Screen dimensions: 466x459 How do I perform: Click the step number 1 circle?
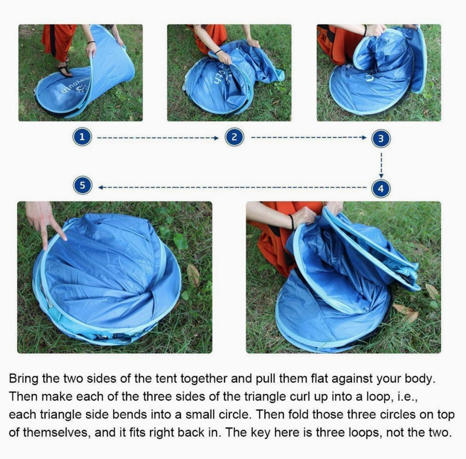point(82,137)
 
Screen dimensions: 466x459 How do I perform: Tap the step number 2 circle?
point(234,137)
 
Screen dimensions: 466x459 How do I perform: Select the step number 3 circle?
point(381,138)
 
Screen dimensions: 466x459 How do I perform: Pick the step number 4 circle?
point(381,188)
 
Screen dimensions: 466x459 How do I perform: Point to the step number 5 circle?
point(82,185)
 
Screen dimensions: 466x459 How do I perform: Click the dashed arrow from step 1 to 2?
point(158,138)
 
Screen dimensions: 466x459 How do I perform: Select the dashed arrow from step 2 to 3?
point(309,137)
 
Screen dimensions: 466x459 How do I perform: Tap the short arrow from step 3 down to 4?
point(381,165)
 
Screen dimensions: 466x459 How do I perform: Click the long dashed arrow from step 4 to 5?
point(232,187)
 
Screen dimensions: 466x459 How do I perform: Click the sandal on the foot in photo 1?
point(65,71)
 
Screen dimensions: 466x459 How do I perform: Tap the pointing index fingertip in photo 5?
point(64,238)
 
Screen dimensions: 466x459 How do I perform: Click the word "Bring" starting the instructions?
point(23,379)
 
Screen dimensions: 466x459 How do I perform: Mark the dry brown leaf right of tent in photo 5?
point(194,275)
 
